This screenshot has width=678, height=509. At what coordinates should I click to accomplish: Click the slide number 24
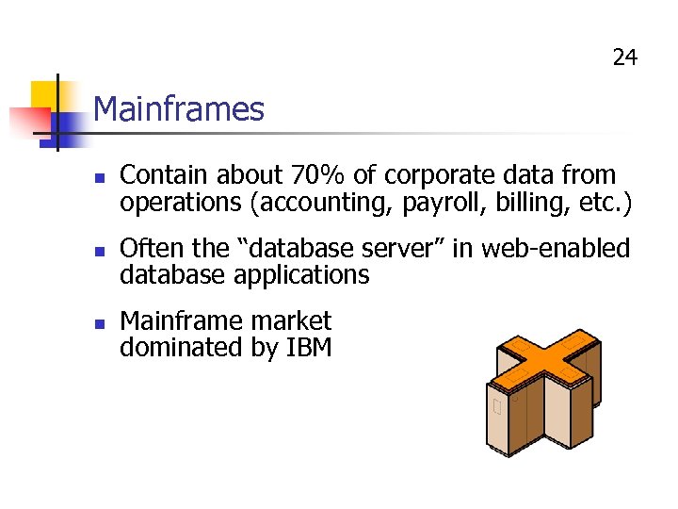coord(624,58)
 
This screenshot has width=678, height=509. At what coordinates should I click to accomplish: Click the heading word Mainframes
coord(179,109)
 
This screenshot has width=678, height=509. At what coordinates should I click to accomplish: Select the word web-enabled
coord(556,249)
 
